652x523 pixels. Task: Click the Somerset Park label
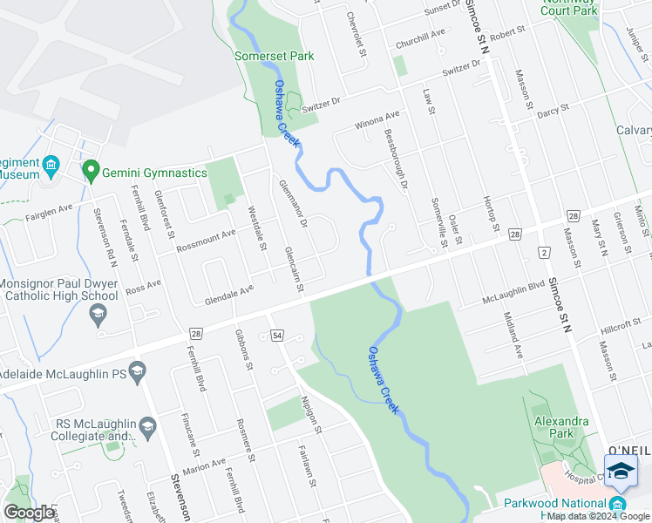coord(274,57)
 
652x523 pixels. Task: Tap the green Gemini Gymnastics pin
coord(89,171)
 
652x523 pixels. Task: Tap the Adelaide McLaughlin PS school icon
coord(137,372)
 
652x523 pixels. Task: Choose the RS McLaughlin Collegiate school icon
coord(147,427)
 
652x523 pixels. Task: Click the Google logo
coord(29,513)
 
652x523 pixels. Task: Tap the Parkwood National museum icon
coord(618,504)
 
